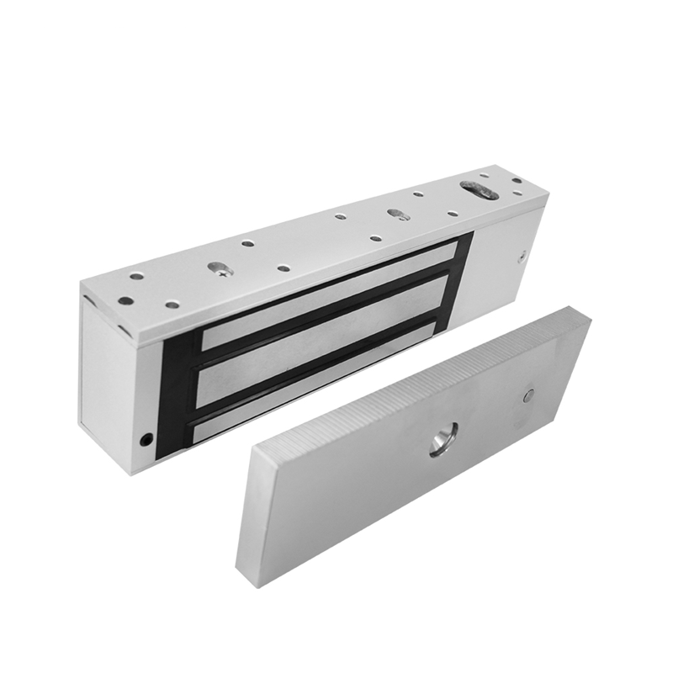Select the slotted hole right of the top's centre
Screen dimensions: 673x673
pos(397,214)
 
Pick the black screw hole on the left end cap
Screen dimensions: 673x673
pos(146,438)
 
